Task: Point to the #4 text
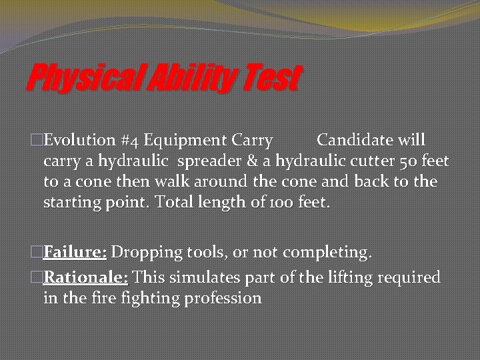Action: click(129, 141)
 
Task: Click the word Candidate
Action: click(357, 141)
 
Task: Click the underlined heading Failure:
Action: click(75, 253)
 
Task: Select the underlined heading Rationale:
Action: click(86, 277)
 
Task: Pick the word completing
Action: click(326, 253)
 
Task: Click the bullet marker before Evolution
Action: click(37, 141)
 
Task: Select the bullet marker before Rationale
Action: click(37, 277)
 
